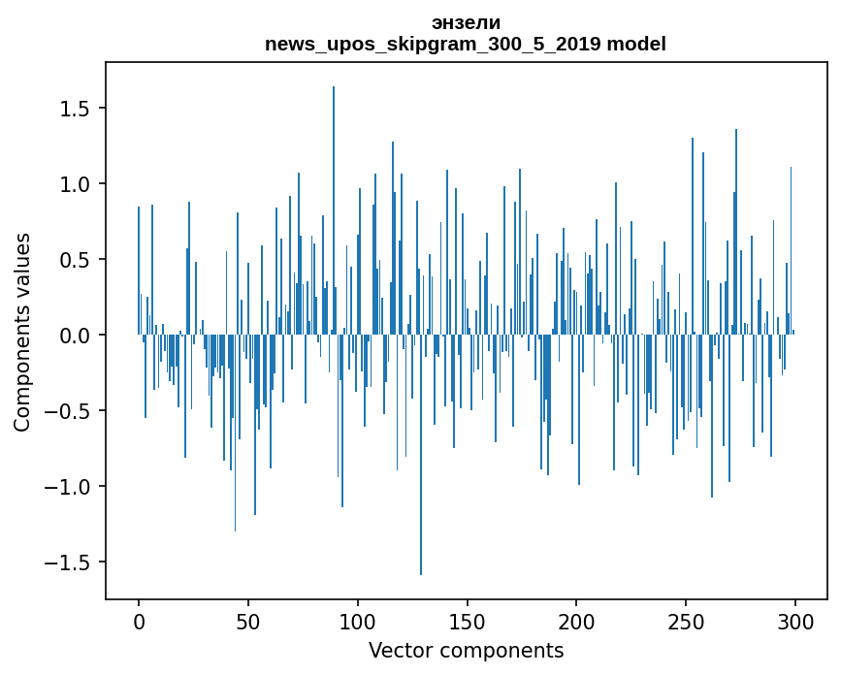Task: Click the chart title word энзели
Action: (x=466, y=22)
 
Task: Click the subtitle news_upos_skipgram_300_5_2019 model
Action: (x=466, y=44)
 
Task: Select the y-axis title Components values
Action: (x=22, y=332)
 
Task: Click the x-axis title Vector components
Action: (x=466, y=650)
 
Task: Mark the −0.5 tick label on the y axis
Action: (x=71, y=411)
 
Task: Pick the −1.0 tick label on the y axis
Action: (x=71, y=487)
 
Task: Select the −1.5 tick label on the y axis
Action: (x=71, y=562)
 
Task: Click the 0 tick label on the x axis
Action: (x=139, y=621)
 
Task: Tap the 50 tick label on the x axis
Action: (x=248, y=621)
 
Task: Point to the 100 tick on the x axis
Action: (x=358, y=621)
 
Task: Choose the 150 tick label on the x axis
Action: (x=468, y=621)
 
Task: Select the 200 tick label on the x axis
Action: (x=577, y=621)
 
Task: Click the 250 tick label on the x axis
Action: (x=687, y=621)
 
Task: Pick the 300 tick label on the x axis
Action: (x=796, y=621)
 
